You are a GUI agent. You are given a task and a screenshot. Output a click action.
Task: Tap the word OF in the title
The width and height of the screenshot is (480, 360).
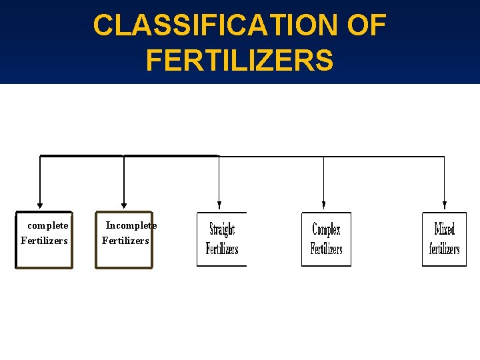[x=366, y=25]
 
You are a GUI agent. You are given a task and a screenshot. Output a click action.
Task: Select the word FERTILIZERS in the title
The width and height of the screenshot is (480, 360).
[x=239, y=60]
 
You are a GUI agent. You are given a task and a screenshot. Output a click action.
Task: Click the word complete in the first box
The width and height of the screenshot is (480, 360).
[x=48, y=225]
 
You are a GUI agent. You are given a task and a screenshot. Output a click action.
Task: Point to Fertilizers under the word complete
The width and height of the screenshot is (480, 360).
[x=44, y=241]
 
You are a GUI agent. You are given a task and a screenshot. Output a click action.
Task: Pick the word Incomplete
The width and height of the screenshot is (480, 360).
[x=131, y=225]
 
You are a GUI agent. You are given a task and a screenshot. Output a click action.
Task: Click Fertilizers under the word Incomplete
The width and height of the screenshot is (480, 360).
[x=125, y=241]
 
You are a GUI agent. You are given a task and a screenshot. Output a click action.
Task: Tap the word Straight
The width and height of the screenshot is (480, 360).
[x=222, y=230]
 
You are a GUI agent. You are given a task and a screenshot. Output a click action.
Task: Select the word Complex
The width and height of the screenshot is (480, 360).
[x=326, y=230]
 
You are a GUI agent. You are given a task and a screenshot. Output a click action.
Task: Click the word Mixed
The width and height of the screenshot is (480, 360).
[x=445, y=230]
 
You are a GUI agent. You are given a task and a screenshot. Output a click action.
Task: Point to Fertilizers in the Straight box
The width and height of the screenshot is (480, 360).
[x=222, y=249]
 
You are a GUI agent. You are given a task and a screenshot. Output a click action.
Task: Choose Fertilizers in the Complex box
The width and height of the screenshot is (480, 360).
[x=326, y=249]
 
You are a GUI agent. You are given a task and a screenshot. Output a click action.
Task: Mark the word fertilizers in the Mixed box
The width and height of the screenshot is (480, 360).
[x=445, y=249]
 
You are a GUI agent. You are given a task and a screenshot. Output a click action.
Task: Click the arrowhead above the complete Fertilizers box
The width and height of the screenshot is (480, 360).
[x=40, y=205]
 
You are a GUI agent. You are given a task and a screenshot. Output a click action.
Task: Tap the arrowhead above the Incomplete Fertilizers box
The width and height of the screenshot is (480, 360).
[x=123, y=205]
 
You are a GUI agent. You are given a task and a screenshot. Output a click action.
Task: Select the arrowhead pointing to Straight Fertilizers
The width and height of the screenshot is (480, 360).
[x=219, y=205]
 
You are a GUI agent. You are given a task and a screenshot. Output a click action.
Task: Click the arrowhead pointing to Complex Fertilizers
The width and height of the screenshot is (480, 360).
[x=323, y=205]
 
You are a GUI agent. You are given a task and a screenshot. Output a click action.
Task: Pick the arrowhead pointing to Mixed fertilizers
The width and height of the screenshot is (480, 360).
[x=445, y=205]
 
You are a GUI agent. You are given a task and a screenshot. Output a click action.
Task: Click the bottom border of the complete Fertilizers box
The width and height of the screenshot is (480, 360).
[x=44, y=267]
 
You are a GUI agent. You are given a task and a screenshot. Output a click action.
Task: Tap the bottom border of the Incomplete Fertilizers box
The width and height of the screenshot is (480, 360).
[x=124, y=267]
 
